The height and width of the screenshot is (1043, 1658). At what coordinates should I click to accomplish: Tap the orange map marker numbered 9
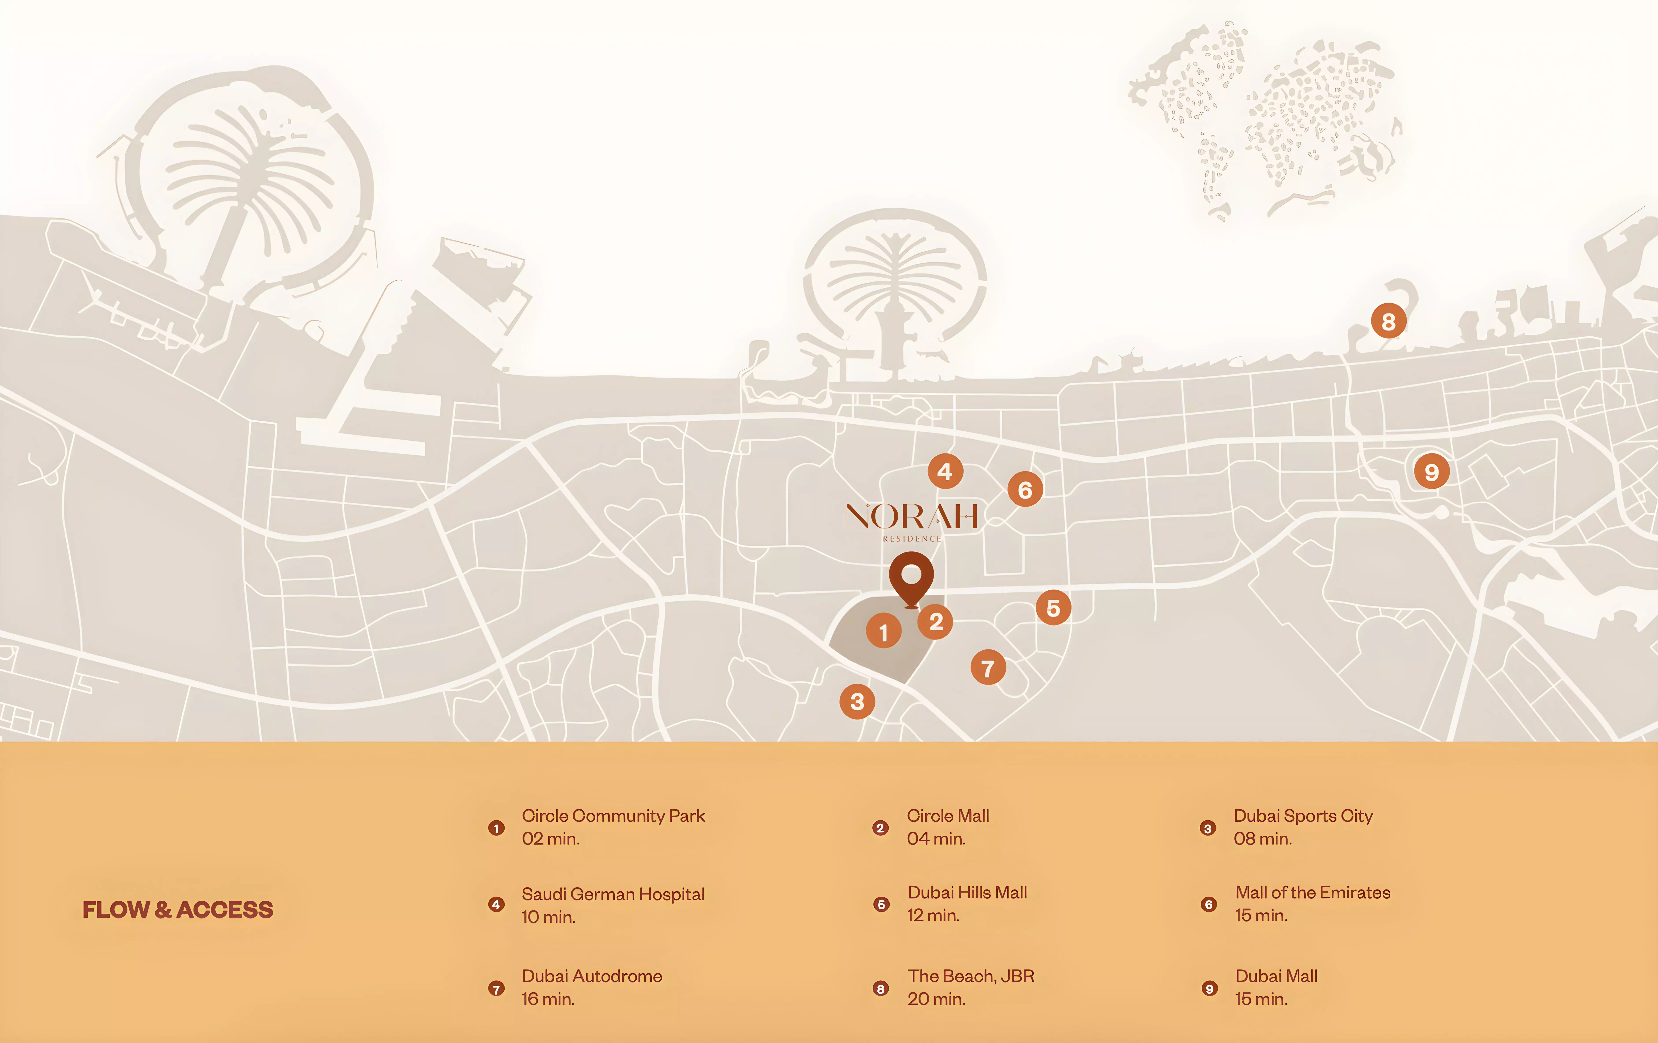[x=1431, y=472]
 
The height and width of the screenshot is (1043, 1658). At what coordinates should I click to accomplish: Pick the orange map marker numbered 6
[x=1025, y=490]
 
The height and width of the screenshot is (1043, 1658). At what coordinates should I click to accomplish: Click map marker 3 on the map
[x=857, y=701]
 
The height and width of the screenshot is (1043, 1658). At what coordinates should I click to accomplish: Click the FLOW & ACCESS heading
[x=178, y=910]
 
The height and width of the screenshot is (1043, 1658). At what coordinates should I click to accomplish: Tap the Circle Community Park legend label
[x=613, y=816]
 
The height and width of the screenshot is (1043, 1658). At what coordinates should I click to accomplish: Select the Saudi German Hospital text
[x=613, y=894]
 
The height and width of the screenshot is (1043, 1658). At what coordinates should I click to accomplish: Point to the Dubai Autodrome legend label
[x=591, y=976]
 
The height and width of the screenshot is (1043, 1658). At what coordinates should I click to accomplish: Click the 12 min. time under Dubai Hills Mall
[x=933, y=916]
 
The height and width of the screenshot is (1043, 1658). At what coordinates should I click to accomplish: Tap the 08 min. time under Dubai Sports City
[x=1262, y=839]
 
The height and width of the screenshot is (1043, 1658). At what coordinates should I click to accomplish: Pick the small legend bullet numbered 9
[x=1209, y=989]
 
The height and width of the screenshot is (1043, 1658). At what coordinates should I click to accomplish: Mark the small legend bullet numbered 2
[x=880, y=828]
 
